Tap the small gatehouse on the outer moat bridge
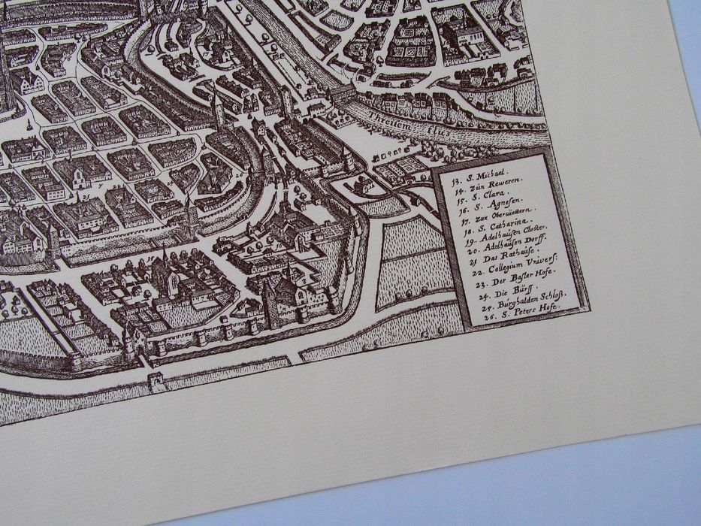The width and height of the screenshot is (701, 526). click(x=157, y=380)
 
